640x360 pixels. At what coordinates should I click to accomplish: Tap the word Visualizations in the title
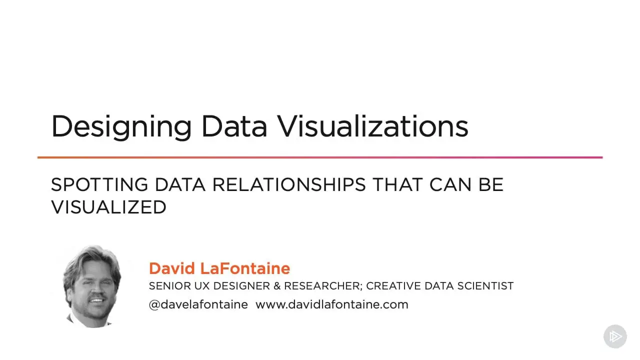click(x=373, y=126)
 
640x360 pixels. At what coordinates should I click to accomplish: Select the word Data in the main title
click(x=234, y=126)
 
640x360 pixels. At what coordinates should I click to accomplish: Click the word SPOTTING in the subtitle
click(x=99, y=185)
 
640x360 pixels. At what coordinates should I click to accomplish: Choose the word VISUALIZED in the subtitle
click(x=108, y=207)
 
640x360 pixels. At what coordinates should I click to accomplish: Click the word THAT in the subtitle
click(x=397, y=185)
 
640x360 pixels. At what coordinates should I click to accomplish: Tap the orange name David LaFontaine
click(x=219, y=268)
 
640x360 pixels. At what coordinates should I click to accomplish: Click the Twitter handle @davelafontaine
click(x=198, y=304)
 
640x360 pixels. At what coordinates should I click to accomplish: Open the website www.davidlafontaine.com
click(x=332, y=304)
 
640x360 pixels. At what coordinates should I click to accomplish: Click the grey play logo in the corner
click(x=615, y=336)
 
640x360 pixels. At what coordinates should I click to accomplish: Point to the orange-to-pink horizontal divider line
click(x=320, y=157)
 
